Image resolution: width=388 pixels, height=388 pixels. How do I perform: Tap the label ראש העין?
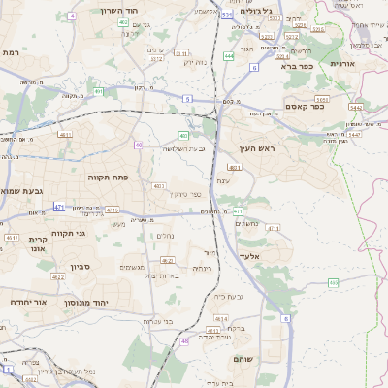pos(258,148)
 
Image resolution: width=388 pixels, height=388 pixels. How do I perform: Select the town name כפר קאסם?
pos(304,106)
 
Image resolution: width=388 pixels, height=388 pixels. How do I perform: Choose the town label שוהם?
pos(243,359)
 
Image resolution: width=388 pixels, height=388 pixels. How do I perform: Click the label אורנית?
pos(344,63)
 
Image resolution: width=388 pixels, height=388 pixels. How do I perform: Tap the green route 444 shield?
pos(228,57)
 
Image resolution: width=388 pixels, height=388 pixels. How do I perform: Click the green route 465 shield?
pos(333,282)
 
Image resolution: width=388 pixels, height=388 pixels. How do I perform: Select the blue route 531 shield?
pos(226,15)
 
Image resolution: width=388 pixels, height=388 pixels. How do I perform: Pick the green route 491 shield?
pos(99,91)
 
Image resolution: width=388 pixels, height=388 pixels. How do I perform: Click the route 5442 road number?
pos(355,107)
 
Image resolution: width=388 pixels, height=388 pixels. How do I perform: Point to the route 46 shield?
pos(184,341)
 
